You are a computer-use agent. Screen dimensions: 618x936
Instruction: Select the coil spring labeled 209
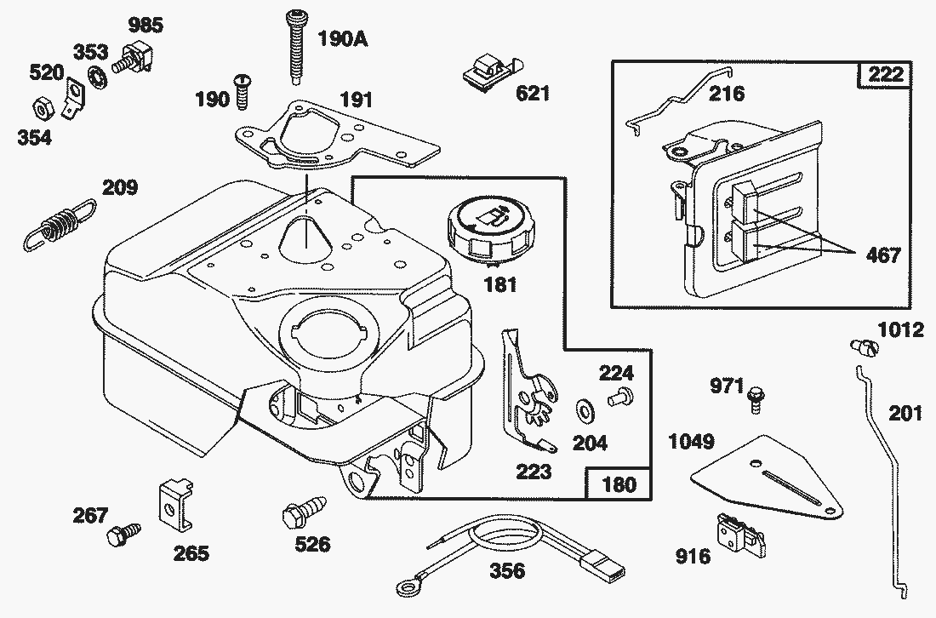[x=60, y=224]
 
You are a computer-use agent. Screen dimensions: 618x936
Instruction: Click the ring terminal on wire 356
[x=407, y=587]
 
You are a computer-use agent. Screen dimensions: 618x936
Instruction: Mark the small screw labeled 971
[x=755, y=398]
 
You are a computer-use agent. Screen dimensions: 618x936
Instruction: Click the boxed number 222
[x=884, y=75]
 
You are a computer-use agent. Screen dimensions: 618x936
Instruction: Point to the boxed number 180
[x=619, y=484]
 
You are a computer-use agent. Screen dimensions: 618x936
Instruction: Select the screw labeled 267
[x=119, y=535]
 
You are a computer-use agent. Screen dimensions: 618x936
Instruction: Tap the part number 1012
[x=901, y=329]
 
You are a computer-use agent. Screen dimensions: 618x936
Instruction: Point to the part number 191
[x=357, y=100]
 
